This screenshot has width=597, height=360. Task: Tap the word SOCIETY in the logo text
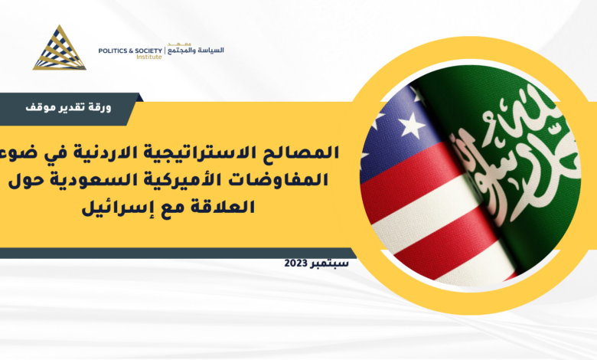[149, 51]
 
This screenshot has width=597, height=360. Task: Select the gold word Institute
[149, 57]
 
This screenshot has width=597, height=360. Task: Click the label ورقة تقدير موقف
[68, 107]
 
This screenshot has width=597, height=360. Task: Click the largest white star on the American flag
[411, 125]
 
